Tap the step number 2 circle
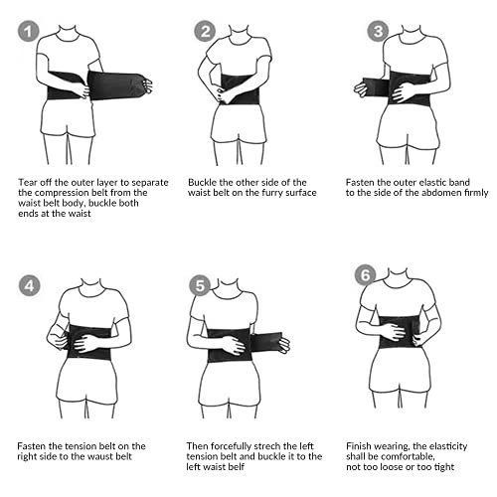[207, 32]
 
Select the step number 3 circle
[377, 32]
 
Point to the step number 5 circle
[200, 286]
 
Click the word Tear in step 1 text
[29, 183]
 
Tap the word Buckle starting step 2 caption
[203, 183]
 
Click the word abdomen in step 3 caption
[421, 193]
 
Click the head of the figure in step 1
[68, 19]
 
